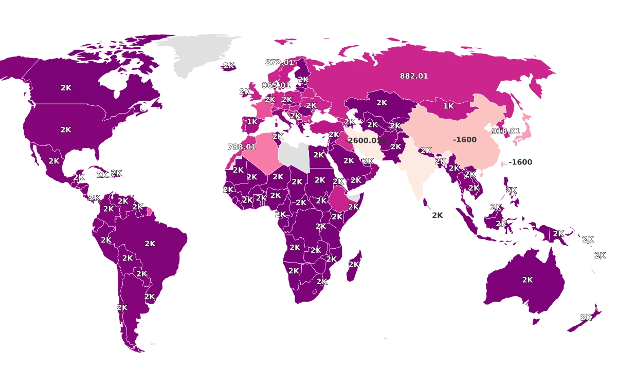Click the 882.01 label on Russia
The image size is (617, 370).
(x=414, y=76)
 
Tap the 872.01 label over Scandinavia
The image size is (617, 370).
(x=279, y=62)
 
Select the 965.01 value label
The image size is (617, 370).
(x=276, y=85)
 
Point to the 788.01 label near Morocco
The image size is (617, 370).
(x=242, y=147)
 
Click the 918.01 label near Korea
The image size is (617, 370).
(x=505, y=131)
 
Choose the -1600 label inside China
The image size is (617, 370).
(x=465, y=140)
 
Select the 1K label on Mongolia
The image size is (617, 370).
(x=449, y=106)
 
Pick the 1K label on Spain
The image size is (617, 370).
(x=252, y=122)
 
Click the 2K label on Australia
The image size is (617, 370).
(x=528, y=280)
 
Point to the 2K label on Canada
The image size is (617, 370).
(x=66, y=88)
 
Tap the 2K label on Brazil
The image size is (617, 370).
(x=150, y=244)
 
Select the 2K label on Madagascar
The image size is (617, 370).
(x=354, y=264)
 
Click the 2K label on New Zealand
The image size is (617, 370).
(x=586, y=318)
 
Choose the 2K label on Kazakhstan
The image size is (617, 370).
(x=382, y=103)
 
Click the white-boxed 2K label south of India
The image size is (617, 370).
(x=437, y=216)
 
